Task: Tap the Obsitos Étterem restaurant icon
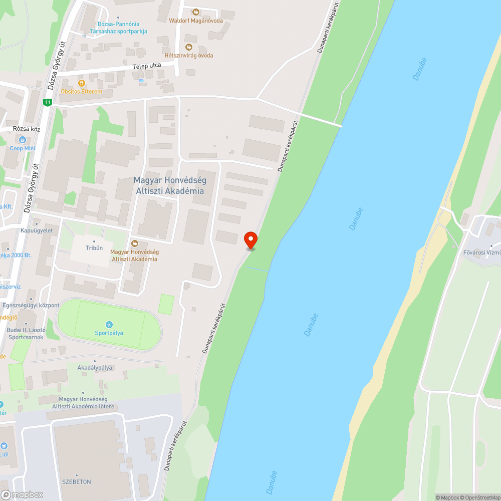[81, 83]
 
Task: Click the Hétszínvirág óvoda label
[189, 55]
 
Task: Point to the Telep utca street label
[146, 66]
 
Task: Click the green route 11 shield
[47, 102]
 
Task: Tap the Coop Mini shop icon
[23, 139]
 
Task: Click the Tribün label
[94, 248]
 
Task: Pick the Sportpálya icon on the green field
[109, 325]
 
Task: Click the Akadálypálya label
[95, 367]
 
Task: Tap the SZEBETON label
[76, 481]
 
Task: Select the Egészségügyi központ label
[31, 305]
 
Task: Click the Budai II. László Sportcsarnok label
[26, 333]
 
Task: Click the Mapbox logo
[22, 494]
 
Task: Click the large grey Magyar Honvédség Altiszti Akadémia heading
[169, 185]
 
